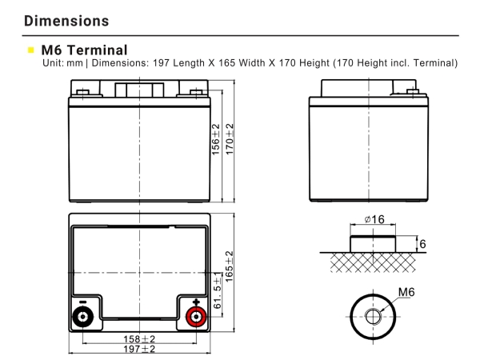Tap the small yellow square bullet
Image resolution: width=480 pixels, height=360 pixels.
pos(32,50)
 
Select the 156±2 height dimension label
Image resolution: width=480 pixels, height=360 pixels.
pos(215,141)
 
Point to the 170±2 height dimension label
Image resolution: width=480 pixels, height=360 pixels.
pos(230,141)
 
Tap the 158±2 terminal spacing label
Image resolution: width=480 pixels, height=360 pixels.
pos(138,339)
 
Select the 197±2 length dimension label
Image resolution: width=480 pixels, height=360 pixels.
pos(138,350)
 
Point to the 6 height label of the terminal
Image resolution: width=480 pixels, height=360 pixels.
pos(423,242)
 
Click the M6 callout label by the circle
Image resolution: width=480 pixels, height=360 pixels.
pos(408,294)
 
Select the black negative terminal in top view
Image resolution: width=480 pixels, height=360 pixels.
pos(81,317)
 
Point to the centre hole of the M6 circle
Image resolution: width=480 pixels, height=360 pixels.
pos(374,317)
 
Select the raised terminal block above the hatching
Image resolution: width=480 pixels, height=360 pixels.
pos(373,242)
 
